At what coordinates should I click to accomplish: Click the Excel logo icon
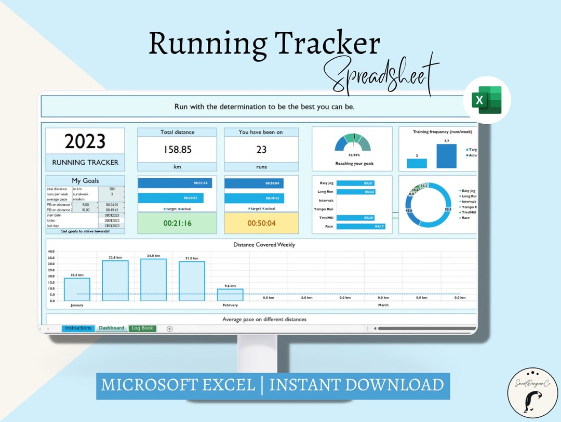(487, 100)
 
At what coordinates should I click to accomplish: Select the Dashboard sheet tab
(112, 328)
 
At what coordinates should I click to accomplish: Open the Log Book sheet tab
(142, 328)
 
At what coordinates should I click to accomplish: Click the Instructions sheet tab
(78, 328)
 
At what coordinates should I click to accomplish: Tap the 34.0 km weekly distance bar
(153, 280)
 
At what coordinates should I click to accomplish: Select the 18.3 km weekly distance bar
(77, 289)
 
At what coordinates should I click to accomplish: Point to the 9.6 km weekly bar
(230, 295)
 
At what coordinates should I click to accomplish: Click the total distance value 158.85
(177, 150)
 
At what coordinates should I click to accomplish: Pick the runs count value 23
(261, 150)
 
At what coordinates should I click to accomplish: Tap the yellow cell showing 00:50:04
(261, 223)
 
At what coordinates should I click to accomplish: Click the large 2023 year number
(85, 141)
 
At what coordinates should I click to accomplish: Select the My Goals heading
(85, 181)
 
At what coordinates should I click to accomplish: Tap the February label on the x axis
(230, 305)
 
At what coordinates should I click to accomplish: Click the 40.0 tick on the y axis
(51, 252)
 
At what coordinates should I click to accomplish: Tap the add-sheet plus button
(169, 328)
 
